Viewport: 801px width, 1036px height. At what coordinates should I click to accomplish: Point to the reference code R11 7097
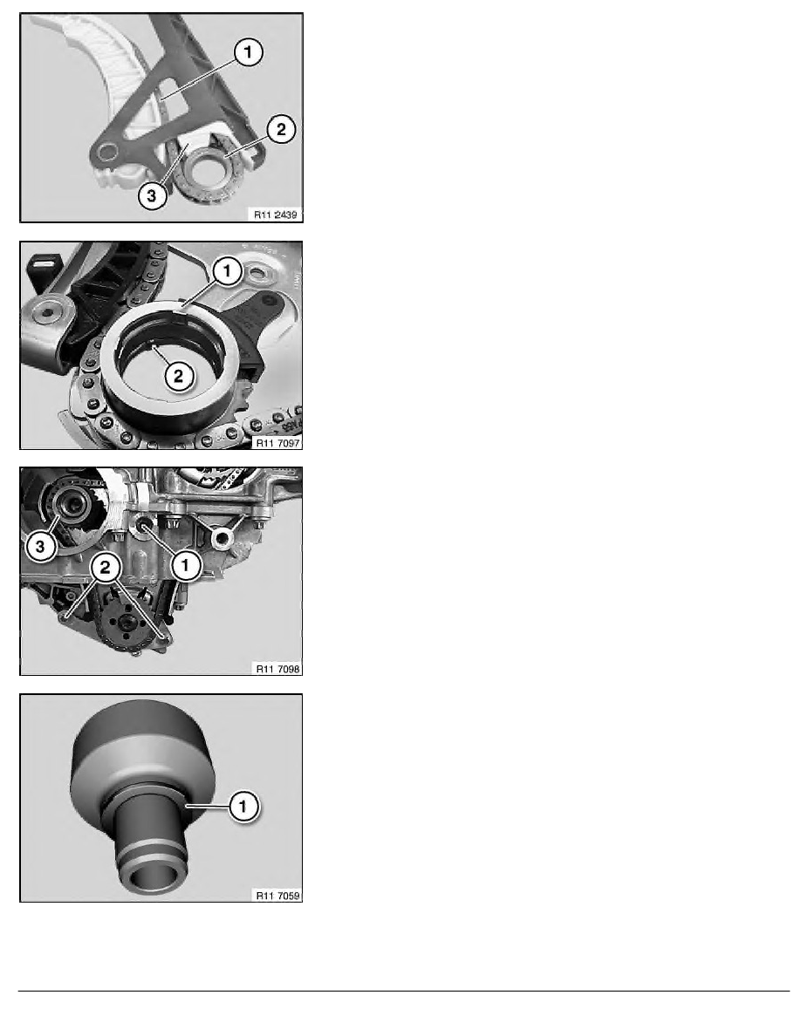tap(275, 440)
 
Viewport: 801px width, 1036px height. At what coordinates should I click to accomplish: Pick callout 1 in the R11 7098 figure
tap(185, 567)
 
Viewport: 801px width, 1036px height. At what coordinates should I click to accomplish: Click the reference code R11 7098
tap(275, 667)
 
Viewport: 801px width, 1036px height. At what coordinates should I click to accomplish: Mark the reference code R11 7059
tap(275, 894)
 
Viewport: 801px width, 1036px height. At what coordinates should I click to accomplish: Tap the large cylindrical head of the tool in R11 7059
tap(140, 741)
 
